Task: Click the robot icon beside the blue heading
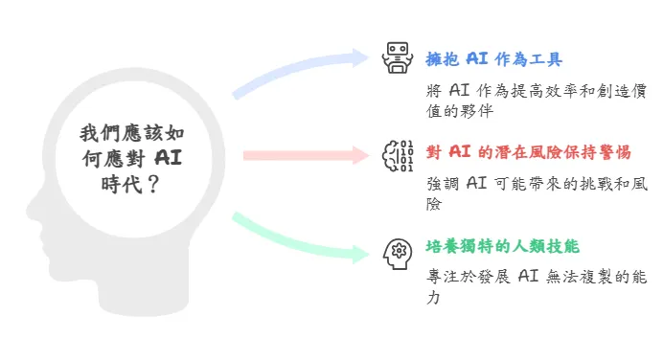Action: [395, 58]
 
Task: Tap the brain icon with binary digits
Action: [398, 154]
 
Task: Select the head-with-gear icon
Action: [396, 251]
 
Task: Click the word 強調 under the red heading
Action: [443, 183]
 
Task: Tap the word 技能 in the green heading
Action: [565, 247]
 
